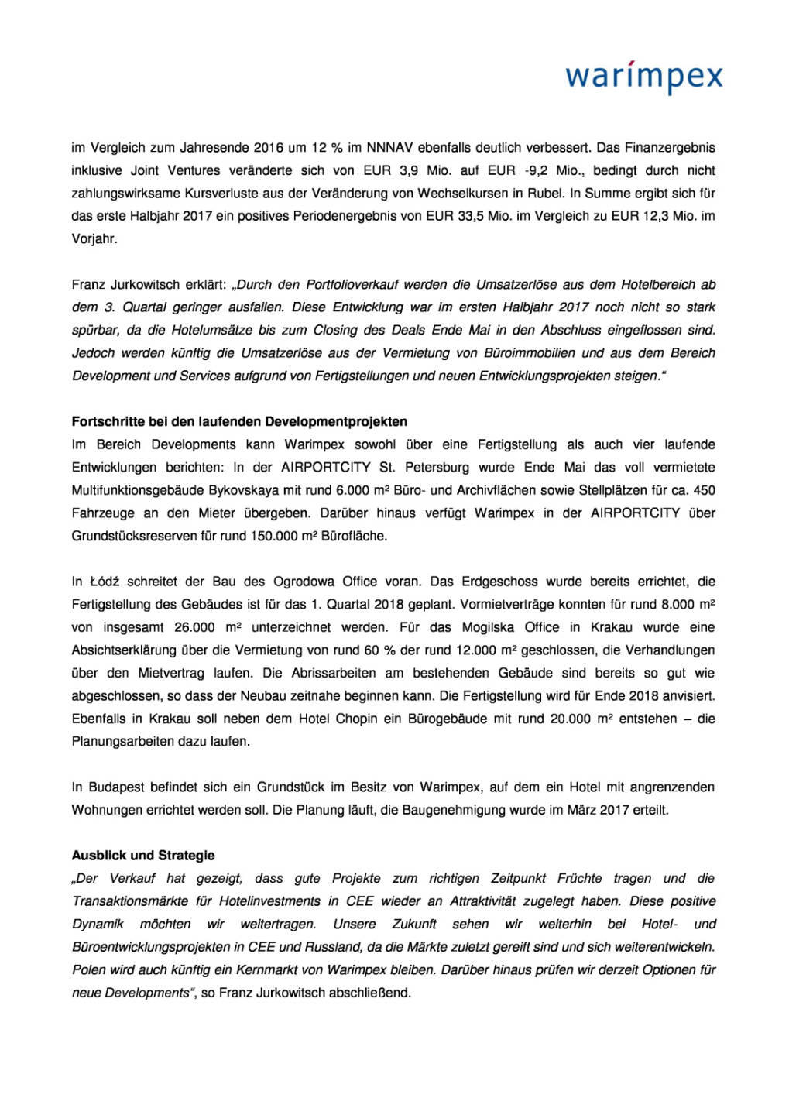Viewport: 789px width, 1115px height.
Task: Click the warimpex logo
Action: tap(643, 78)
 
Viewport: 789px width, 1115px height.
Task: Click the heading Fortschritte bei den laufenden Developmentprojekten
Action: tap(239, 422)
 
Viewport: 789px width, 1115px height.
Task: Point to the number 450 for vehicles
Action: tap(704, 490)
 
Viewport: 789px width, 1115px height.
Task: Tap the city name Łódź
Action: tap(105, 582)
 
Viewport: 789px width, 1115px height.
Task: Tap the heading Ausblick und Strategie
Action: tap(143, 856)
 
